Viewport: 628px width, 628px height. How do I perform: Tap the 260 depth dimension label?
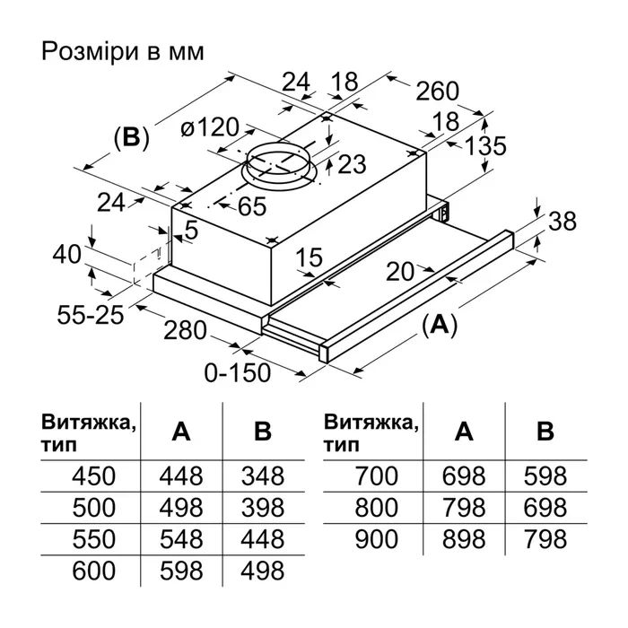point(437,91)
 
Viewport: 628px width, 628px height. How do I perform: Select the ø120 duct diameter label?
point(205,127)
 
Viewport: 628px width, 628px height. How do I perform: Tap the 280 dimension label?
point(187,330)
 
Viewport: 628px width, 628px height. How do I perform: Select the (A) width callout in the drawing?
point(440,326)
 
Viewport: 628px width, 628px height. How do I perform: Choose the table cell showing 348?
point(262,475)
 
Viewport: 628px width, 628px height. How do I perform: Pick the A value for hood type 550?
point(181,538)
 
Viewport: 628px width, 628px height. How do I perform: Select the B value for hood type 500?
point(262,507)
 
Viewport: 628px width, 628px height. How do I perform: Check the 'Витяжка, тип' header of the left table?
point(89,432)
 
